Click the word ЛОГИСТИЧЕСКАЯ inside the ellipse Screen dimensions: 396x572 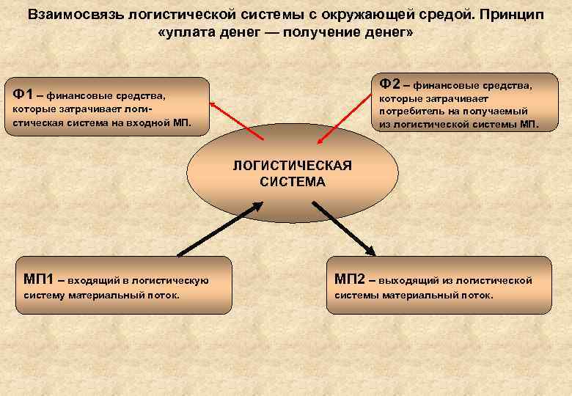(292, 165)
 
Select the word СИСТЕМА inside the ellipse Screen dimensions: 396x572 (292, 181)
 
